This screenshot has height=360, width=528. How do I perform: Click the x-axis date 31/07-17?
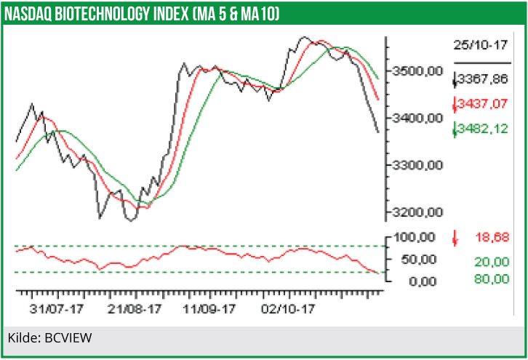tap(56, 308)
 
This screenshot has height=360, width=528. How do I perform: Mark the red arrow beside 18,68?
tap(455, 237)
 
